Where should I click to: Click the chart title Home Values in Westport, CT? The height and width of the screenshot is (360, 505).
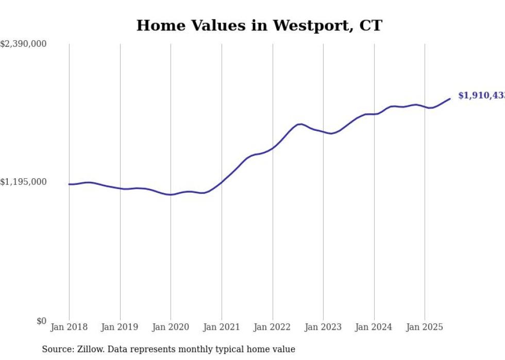click(259, 25)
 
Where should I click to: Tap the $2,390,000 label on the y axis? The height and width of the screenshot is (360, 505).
click(24, 44)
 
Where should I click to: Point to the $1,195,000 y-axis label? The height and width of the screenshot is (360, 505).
click(24, 182)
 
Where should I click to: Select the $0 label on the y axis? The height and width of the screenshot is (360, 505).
click(41, 321)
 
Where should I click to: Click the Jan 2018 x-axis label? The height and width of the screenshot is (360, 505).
click(69, 327)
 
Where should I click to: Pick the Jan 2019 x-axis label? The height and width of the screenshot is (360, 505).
click(120, 327)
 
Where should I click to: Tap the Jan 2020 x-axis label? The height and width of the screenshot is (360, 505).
click(171, 327)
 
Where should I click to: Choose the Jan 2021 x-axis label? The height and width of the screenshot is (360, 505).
click(222, 327)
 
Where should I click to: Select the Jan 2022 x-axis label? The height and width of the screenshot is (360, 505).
click(273, 327)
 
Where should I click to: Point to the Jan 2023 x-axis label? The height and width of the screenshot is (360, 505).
click(323, 327)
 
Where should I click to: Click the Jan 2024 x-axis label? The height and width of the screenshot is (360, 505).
click(374, 327)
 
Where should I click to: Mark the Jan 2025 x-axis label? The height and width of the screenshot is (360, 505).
click(425, 327)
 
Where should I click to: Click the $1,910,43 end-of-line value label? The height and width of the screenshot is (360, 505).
click(481, 96)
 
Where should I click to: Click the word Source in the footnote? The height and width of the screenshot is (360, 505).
click(57, 349)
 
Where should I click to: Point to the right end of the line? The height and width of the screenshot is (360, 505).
click(450, 98)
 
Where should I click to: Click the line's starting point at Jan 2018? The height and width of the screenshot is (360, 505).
click(69, 184)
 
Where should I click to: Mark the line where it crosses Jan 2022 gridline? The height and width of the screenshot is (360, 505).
click(273, 148)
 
